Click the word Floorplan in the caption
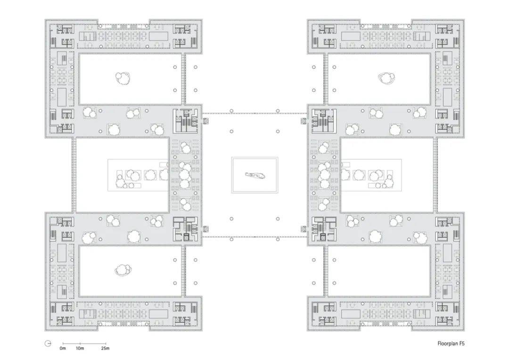click(x=447, y=343)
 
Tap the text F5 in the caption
click(x=462, y=343)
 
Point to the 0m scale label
click(x=63, y=348)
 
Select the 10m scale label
click(x=80, y=348)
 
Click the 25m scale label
click(x=105, y=348)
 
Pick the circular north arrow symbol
click(x=48, y=344)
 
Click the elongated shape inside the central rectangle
click(x=255, y=175)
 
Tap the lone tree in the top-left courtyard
click(x=123, y=78)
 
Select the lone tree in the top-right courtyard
click(x=386, y=78)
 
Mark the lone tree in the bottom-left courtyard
click(x=123, y=270)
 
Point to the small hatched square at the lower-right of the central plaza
click(x=304, y=229)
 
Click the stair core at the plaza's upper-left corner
click(x=185, y=121)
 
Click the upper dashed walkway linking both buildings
click(x=255, y=113)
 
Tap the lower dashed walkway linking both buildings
click(x=255, y=237)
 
